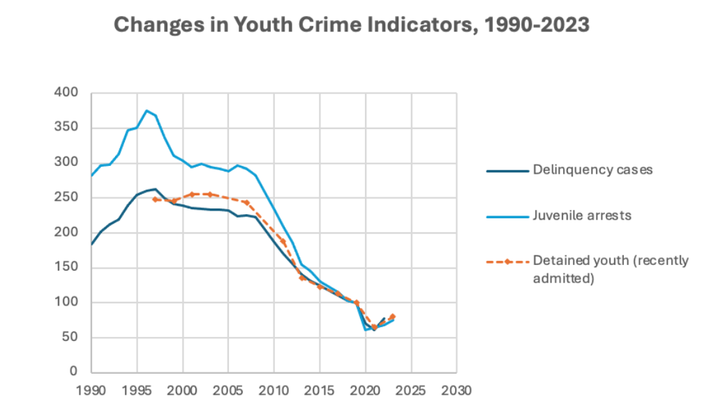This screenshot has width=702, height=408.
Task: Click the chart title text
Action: (x=351, y=25)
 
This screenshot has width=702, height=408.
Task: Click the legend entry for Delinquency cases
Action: (x=592, y=169)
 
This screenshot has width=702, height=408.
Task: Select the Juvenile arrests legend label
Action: (x=581, y=216)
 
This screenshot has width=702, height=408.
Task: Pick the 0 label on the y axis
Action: (x=73, y=372)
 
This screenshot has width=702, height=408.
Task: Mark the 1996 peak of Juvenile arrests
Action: (x=147, y=110)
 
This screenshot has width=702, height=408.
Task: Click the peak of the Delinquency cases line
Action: (x=155, y=188)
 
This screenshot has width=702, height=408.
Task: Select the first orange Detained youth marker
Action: (x=155, y=199)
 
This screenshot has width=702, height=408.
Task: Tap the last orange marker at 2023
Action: (x=393, y=316)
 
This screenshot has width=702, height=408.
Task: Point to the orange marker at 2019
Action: (x=357, y=303)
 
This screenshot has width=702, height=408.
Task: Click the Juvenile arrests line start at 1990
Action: (x=91, y=176)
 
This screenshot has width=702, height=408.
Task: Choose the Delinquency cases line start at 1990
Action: (x=91, y=244)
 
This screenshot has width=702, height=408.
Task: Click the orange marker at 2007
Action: (x=246, y=202)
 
